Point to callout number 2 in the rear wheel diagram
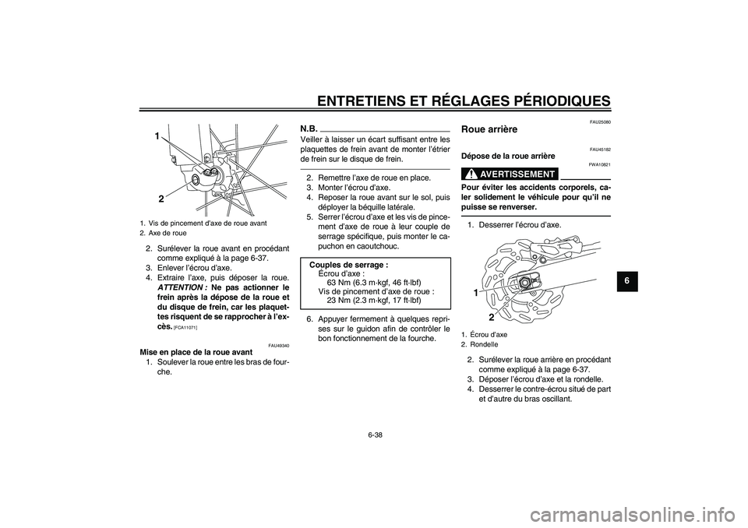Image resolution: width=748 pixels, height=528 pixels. (492, 318)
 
